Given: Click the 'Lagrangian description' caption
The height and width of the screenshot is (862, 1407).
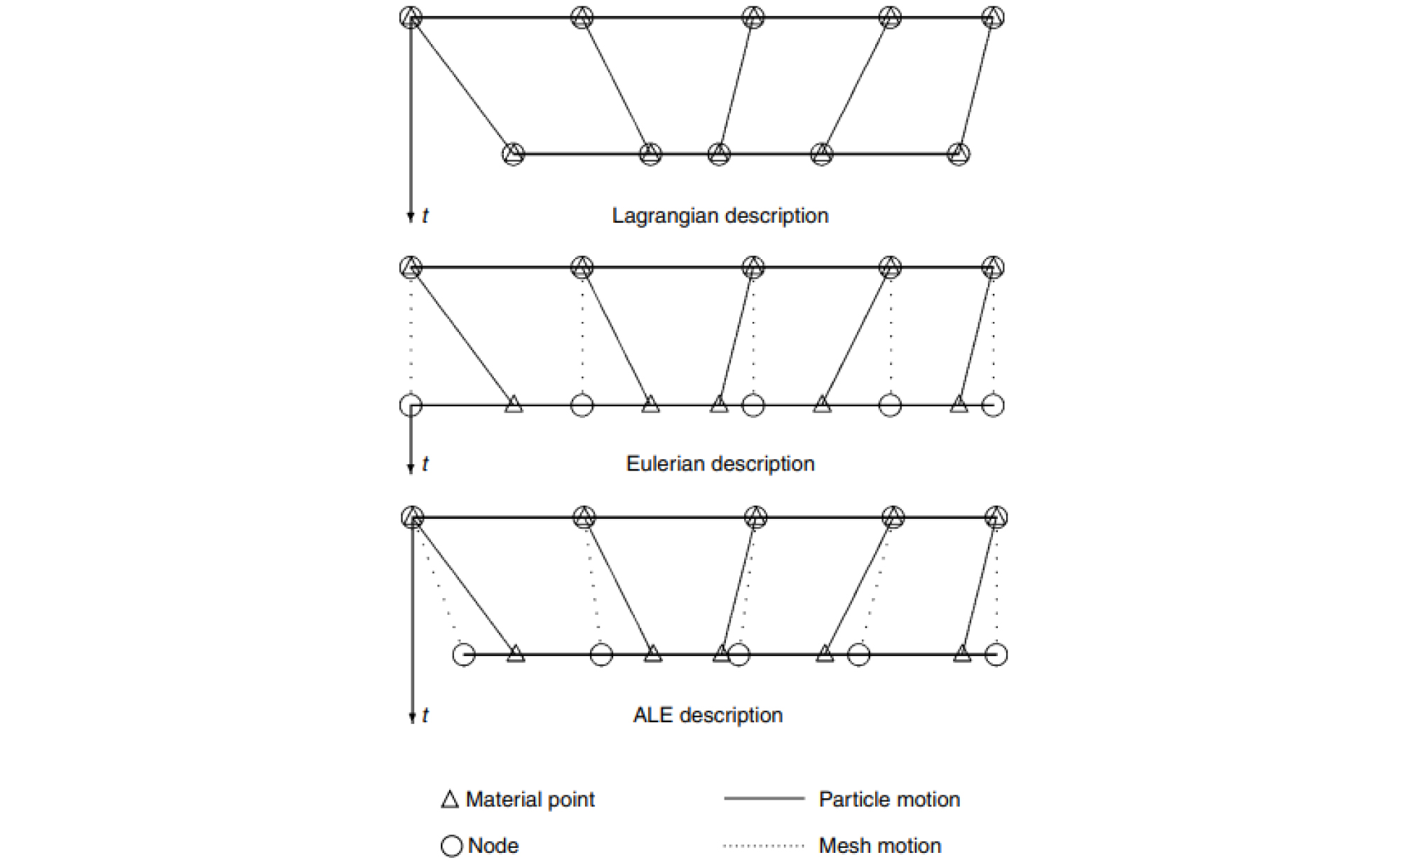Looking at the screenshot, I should point(720,216).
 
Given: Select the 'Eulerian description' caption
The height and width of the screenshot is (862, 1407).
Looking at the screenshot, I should point(720,464).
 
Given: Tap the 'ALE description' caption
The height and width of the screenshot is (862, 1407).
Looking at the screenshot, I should point(708,715).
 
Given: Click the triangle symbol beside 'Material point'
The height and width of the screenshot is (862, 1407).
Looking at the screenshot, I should point(450,800).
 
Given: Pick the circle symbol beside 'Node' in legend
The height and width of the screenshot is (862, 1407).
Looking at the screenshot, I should point(452,846).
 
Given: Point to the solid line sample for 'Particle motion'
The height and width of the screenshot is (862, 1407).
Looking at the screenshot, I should point(764,798).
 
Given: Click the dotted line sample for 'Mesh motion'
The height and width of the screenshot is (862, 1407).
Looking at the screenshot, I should point(764,846).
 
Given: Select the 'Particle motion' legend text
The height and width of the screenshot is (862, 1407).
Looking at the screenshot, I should point(889,800).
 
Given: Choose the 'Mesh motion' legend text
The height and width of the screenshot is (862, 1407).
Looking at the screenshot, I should point(879,846).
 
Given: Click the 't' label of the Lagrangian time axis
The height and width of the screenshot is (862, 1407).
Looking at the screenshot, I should point(425,216).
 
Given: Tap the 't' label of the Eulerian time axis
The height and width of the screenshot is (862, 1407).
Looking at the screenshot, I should point(425,464).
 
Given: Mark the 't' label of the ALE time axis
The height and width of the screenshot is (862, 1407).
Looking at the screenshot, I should point(425,716).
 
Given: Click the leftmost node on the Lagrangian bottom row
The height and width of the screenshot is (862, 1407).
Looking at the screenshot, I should point(514,154).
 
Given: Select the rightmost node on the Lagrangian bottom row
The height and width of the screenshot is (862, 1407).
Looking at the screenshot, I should point(959,154).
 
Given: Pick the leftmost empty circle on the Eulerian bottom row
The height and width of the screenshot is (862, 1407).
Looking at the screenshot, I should point(411,405).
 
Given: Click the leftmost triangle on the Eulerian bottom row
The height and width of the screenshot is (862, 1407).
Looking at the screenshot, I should point(514,404).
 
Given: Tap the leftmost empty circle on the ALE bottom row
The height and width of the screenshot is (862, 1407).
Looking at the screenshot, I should point(464,655).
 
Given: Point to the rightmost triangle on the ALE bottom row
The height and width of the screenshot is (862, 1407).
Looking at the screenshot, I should point(962,654).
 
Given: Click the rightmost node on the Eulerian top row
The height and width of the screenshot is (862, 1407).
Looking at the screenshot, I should point(993,267).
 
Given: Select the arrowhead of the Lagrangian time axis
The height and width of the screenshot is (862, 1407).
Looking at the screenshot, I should point(411,217).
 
